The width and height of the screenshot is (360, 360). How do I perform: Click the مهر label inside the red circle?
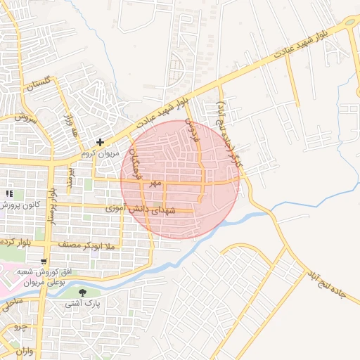pyautogui.click(x=156, y=182)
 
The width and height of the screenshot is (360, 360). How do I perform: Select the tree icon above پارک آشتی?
pyautogui.click(x=84, y=292)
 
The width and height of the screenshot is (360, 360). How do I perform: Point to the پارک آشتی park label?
pyautogui.click(x=84, y=304)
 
